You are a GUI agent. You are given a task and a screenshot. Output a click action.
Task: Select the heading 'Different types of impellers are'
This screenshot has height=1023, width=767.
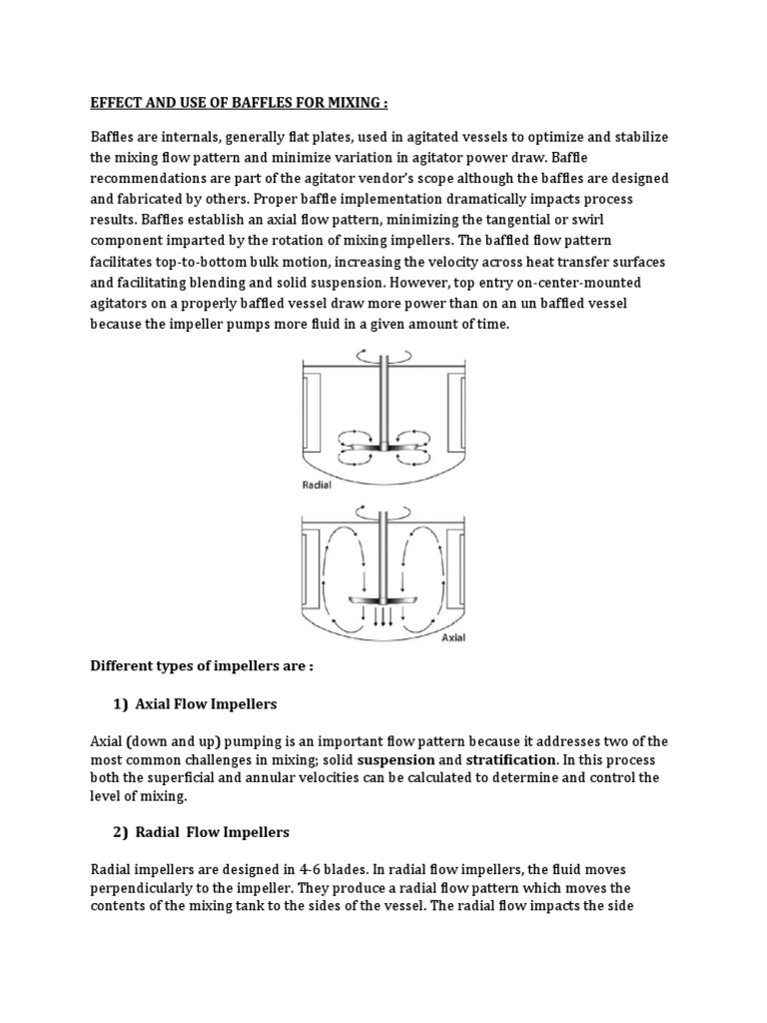pos(202,666)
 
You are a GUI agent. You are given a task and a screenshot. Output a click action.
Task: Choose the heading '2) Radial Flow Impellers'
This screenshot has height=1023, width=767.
pos(201,832)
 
